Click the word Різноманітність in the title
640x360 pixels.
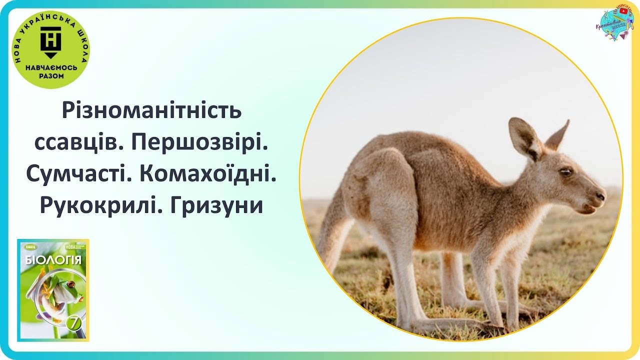coord(151,110)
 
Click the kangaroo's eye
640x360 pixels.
coord(565,171)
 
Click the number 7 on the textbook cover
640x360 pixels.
coord(73,323)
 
